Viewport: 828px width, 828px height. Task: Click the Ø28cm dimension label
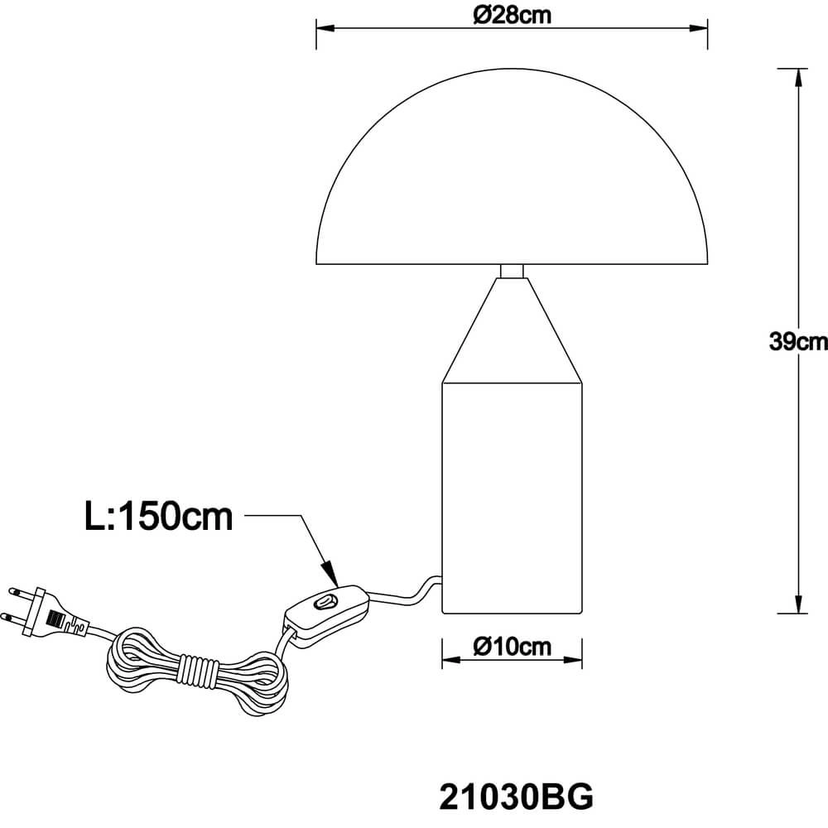click(x=512, y=15)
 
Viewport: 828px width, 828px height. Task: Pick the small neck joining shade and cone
click(x=512, y=271)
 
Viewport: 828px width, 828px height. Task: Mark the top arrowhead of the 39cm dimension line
click(x=797, y=76)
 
